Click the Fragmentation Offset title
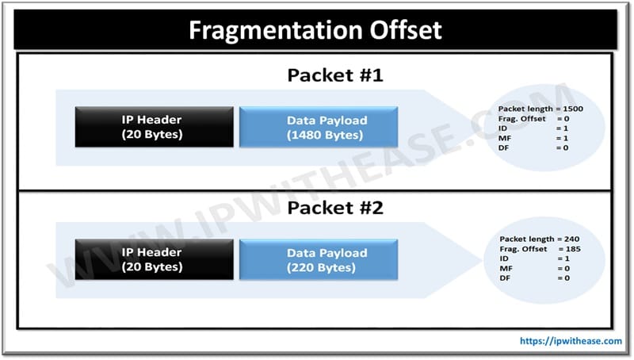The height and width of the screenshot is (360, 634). pyautogui.click(x=315, y=30)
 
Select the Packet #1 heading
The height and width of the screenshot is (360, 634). pyautogui.click(x=335, y=75)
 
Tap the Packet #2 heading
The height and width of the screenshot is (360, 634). pyautogui.click(x=335, y=208)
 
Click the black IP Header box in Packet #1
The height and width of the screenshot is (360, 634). pyautogui.click(x=154, y=127)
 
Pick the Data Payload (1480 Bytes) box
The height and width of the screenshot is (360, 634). pyautogui.click(x=319, y=127)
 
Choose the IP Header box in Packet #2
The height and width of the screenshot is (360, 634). pyautogui.click(x=154, y=259)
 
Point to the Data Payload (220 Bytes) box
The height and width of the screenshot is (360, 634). pyautogui.click(x=319, y=259)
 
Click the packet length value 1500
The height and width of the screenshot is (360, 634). pyautogui.click(x=573, y=109)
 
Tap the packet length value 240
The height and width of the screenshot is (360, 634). pyautogui.click(x=571, y=239)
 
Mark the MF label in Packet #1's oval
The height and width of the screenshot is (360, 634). pyautogui.click(x=505, y=138)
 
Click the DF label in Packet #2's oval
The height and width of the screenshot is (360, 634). pyautogui.click(x=505, y=278)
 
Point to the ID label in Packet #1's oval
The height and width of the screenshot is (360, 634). pyautogui.click(x=502, y=128)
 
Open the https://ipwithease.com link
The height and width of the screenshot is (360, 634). pyautogui.click(x=571, y=341)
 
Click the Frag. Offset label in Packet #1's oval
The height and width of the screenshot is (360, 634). pyautogui.click(x=522, y=118)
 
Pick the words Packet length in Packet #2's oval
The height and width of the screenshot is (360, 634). pyautogui.click(x=527, y=239)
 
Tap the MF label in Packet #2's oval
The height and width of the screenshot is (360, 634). pyautogui.click(x=506, y=268)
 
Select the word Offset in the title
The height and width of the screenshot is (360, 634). pyautogui.click(x=406, y=30)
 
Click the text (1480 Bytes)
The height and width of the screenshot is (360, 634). pyautogui.click(x=325, y=135)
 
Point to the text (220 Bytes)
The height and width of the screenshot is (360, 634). pyautogui.click(x=322, y=267)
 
